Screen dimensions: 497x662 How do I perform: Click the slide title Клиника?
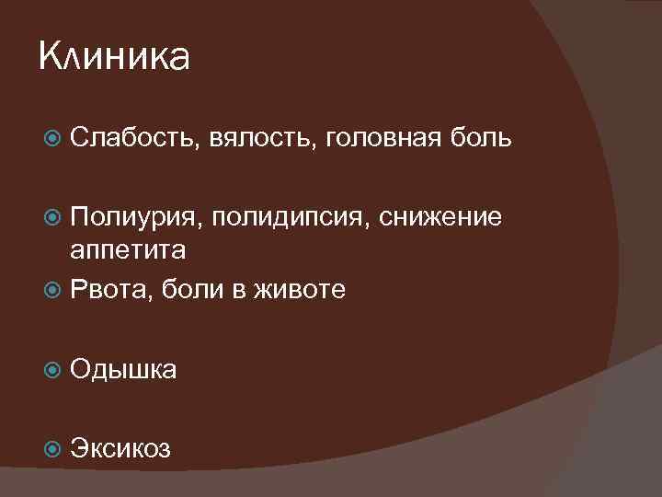pyautogui.click(x=115, y=58)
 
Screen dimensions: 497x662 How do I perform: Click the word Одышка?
pyautogui.click(x=124, y=370)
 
